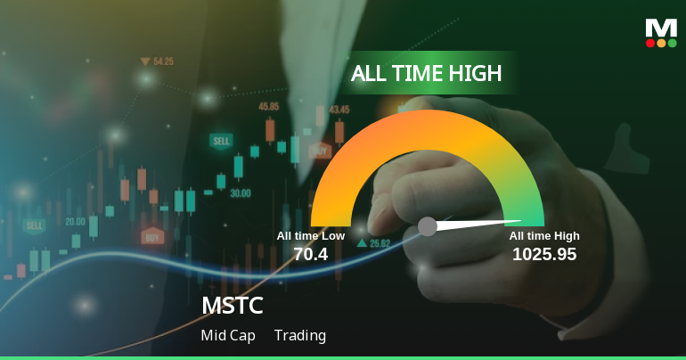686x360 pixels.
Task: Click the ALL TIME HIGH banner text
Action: [426, 73]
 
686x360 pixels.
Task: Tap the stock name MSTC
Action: [233, 306]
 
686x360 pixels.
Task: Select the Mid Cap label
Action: [228, 336]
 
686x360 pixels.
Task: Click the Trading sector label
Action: [300, 336]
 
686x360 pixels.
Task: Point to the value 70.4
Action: [311, 254]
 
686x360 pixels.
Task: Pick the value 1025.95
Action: [544, 254]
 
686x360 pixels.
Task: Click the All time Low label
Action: [311, 235]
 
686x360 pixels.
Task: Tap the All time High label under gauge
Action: [544, 235]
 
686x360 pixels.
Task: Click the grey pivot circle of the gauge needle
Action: [428, 226]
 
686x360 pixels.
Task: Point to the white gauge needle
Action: [477, 224]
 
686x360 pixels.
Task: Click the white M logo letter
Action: [661, 28]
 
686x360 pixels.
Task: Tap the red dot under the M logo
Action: [650, 43]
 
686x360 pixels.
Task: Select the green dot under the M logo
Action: [672, 43]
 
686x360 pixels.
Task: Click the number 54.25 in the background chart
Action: [163, 61]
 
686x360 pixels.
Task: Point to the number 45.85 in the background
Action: [268, 106]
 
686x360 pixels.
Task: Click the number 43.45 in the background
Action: [339, 110]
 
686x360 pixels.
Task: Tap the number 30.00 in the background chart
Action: [241, 192]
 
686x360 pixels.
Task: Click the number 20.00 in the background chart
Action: [75, 221]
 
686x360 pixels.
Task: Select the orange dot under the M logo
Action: [661, 43]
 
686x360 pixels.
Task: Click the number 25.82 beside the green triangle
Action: [380, 243]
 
